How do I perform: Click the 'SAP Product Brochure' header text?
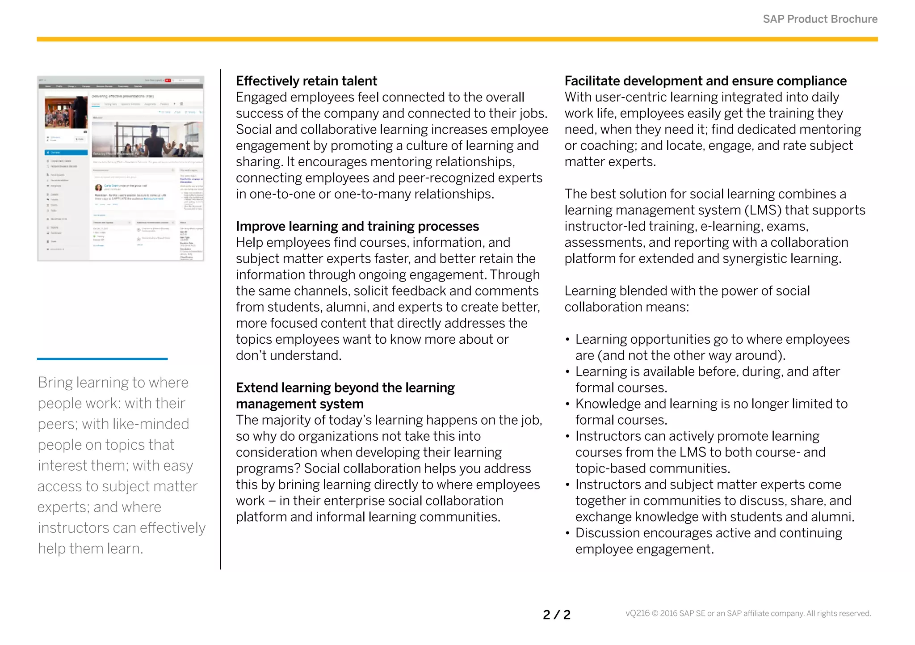pos(820,19)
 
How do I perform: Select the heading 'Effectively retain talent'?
pos(306,81)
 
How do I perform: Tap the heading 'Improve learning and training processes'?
pos(357,226)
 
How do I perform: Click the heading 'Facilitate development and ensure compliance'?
pos(705,81)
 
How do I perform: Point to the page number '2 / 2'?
pos(557,615)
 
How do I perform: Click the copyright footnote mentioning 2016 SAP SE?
pos(748,614)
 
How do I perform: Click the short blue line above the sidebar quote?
pos(102,358)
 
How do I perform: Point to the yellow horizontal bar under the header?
pos(457,39)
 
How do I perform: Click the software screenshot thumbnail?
pos(121,169)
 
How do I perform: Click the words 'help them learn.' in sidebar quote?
pos(90,548)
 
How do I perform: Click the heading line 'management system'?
pos(299,404)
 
